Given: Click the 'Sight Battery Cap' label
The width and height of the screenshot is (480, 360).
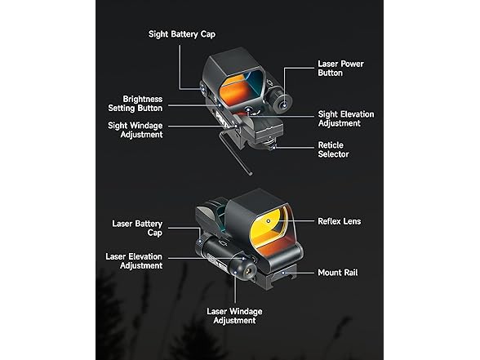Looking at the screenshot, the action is tap(182, 34).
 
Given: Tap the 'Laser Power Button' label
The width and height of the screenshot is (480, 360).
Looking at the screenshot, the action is tap(340, 69).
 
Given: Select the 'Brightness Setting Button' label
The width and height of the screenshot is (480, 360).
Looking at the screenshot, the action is tap(136, 104).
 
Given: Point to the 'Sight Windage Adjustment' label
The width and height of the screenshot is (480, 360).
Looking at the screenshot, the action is tap(136, 130).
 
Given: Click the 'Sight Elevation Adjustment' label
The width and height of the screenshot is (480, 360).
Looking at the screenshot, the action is tap(346, 118).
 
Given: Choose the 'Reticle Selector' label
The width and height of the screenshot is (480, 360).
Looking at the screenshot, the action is tap(333, 149).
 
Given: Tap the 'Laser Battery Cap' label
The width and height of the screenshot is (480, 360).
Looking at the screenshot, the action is tap(137, 228).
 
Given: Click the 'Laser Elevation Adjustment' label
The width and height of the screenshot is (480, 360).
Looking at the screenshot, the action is tap(134, 261).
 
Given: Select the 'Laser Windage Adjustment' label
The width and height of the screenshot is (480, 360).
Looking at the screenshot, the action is tap(234, 316).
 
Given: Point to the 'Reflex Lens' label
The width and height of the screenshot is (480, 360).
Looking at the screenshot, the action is tap(340, 221).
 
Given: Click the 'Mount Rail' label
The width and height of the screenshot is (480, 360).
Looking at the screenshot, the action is tap(338, 273).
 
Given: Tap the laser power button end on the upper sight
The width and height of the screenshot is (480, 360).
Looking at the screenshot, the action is tap(282, 104).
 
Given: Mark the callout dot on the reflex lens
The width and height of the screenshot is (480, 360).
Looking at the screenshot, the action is tap(269, 220).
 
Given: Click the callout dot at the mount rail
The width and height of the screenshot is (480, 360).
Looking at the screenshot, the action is tap(283, 273).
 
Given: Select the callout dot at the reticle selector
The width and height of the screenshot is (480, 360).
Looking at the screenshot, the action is tap(273, 147).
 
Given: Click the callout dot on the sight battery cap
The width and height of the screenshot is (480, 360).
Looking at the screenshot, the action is tap(202, 89).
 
